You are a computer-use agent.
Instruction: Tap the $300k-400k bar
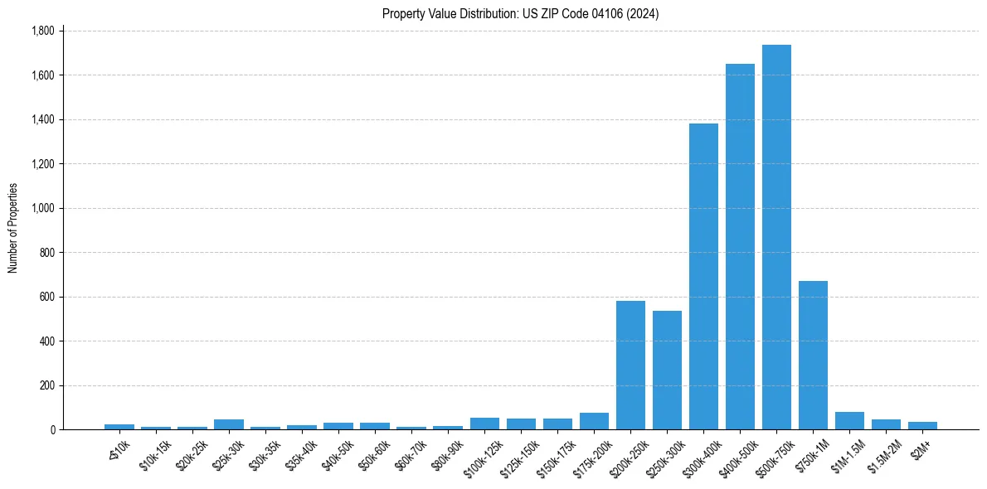703,277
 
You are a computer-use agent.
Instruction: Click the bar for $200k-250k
630,366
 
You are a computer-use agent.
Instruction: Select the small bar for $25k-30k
229,424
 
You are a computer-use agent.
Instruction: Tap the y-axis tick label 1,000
43,208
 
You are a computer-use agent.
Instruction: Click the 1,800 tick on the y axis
43,31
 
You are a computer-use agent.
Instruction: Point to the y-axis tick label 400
47,341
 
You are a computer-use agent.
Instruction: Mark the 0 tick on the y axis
52,429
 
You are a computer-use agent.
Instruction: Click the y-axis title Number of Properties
12,228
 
